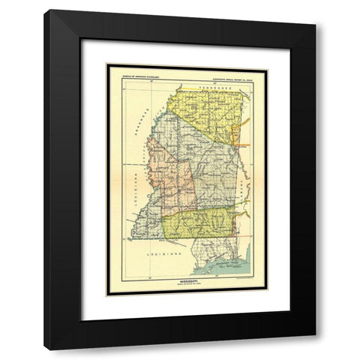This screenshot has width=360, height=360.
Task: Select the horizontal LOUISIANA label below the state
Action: point(163,256)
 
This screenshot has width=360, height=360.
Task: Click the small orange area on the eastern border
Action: point(235,135)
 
